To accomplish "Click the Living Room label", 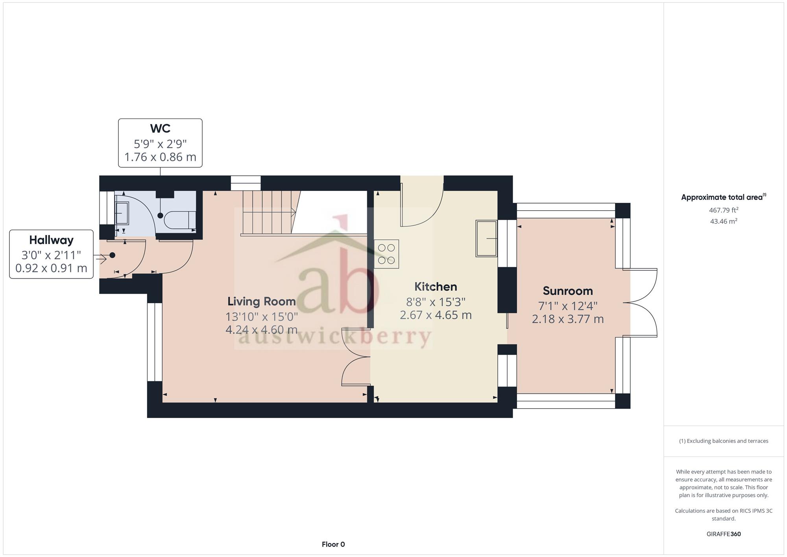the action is pyautogui.click(x=262, y=302).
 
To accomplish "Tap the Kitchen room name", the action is pyautogui.click(x=436, y=287).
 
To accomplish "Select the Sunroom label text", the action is pyautogui.click(x=568, y=291).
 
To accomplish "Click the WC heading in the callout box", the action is pyautogui.click(x=160, y=129).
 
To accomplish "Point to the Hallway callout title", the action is pyautogui.click(x=51, y=240).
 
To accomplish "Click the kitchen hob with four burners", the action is pyautogui.click(x=386, y=254).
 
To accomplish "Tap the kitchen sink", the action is pyautogui.click(x=487, y=239).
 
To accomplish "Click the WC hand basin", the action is pyautogui.click(x=122, y=213).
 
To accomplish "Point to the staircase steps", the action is pyautogui.click(x=268, y=213).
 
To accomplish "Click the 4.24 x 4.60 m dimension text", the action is pyautogui.click(x=262, y=329).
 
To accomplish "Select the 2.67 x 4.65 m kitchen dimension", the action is pyautogui.click(x=436, y=315).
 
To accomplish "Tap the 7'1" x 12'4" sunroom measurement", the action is pyautogui.click(x=568, y=306).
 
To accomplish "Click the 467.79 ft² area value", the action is pyautogui.click(x=724, y=210).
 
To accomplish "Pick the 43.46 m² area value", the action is pyautogui.click(x=724, y=221).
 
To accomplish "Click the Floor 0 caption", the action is pyautogui.click(x=333, y=544).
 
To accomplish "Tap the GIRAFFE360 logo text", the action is pyautogui.click(x=724, y=534).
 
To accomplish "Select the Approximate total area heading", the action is pyautogui.click(x=724, y=197).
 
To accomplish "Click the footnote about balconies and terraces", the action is pyautogui.click(x=724, y=441).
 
